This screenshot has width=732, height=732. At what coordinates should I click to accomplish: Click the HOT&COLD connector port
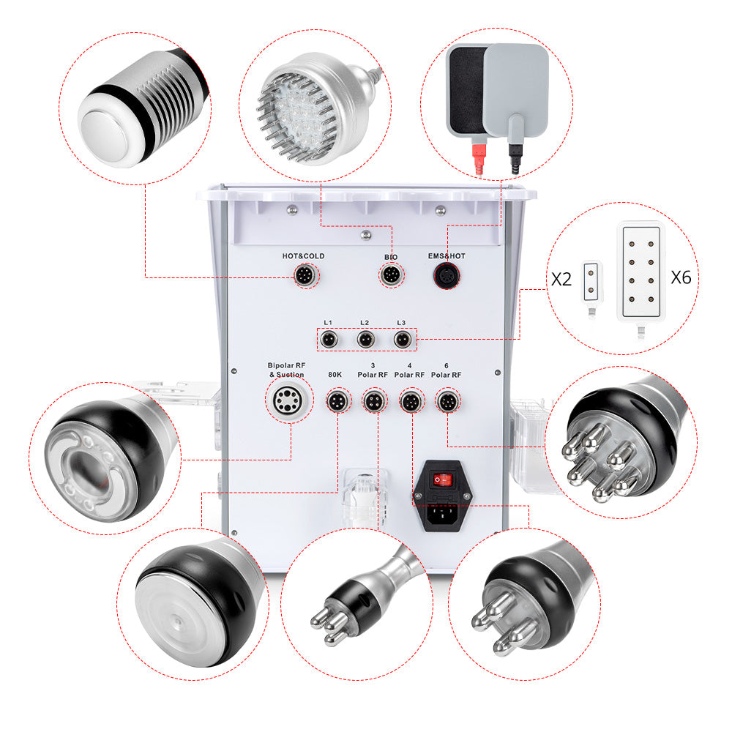click(304, 276)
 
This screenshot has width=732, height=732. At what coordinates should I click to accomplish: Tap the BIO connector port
click(389, 276)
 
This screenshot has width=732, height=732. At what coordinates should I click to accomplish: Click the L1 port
click(329, 340)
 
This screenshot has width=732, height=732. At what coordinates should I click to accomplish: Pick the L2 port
click(365, 340)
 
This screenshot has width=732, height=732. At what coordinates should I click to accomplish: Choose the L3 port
click(401, 340)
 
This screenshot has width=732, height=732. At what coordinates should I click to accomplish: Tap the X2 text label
click(561, 278)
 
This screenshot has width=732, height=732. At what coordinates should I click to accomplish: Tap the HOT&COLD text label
click(303, 256)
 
